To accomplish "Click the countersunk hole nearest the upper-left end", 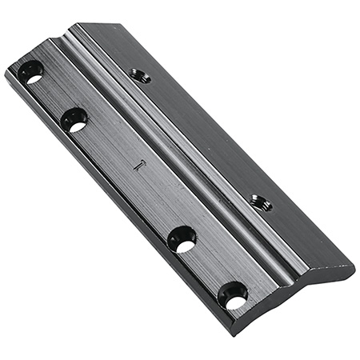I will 31,72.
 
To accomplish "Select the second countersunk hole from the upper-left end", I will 74,120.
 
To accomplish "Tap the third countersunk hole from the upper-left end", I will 182,238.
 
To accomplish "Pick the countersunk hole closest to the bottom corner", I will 233,295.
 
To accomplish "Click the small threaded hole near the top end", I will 140,75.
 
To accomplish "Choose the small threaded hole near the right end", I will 260,202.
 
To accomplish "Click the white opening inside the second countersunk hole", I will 77,126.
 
